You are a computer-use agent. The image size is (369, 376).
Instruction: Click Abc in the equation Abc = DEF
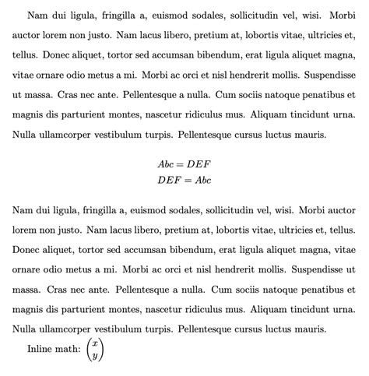pyautogui.click(x=167, y=165)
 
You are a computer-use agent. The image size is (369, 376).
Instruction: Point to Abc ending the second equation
pyautogui.click(x=203, y=180)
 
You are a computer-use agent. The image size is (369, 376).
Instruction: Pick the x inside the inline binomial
pyautogui.click(x=94, y=343)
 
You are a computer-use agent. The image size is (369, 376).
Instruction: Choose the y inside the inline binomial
pyautogui.click(x=94, y=356)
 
